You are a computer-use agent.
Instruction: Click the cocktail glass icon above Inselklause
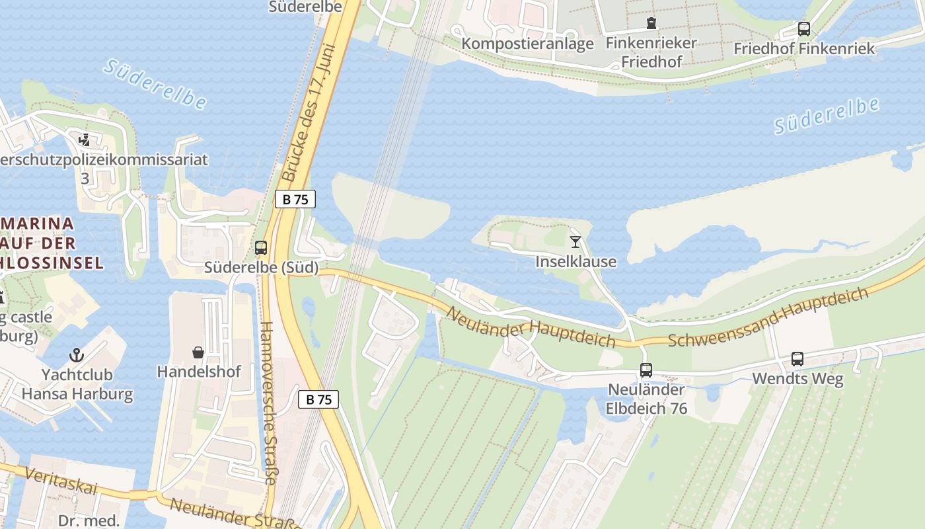tap(575, 242)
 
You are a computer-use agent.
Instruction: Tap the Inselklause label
tap(575, 262)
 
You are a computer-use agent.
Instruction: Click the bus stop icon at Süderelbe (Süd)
tap(261, 249)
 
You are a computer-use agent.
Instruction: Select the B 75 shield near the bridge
tap(295, 199)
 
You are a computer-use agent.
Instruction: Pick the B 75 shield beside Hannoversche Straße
tap(318, 399)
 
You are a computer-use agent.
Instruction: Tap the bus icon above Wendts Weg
tap(797, 359)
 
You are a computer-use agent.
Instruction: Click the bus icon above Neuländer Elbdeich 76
tap(646, 370)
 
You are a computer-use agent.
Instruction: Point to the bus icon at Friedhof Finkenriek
tap(803, 29)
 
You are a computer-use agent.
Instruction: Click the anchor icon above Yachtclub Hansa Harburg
tap(77, 355)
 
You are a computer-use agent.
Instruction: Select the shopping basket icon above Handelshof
tap(198, 352)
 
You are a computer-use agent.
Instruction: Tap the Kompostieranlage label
tap(528, 44)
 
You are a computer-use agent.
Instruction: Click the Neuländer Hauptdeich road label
tap(531, 328)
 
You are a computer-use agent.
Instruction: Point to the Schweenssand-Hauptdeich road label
tap(768, 317)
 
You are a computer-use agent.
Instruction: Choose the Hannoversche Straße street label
tap(269, 403)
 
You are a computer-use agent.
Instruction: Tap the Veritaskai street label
tap(59, 480)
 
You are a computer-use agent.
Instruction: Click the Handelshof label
tap(199, 372)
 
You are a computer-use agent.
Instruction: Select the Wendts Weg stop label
tap(797, 380)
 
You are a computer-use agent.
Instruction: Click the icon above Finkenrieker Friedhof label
tap(651, 24)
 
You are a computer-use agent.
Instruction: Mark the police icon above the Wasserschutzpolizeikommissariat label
tap(84, 140)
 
